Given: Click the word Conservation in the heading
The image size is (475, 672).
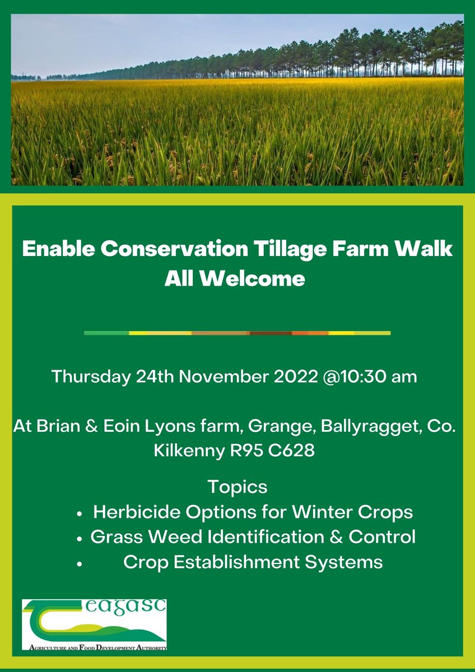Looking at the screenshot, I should [x=162, y=250].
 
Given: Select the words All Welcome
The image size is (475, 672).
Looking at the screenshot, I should [x=235, y=278].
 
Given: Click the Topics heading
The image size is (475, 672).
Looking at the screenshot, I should [x=237, y=487].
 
